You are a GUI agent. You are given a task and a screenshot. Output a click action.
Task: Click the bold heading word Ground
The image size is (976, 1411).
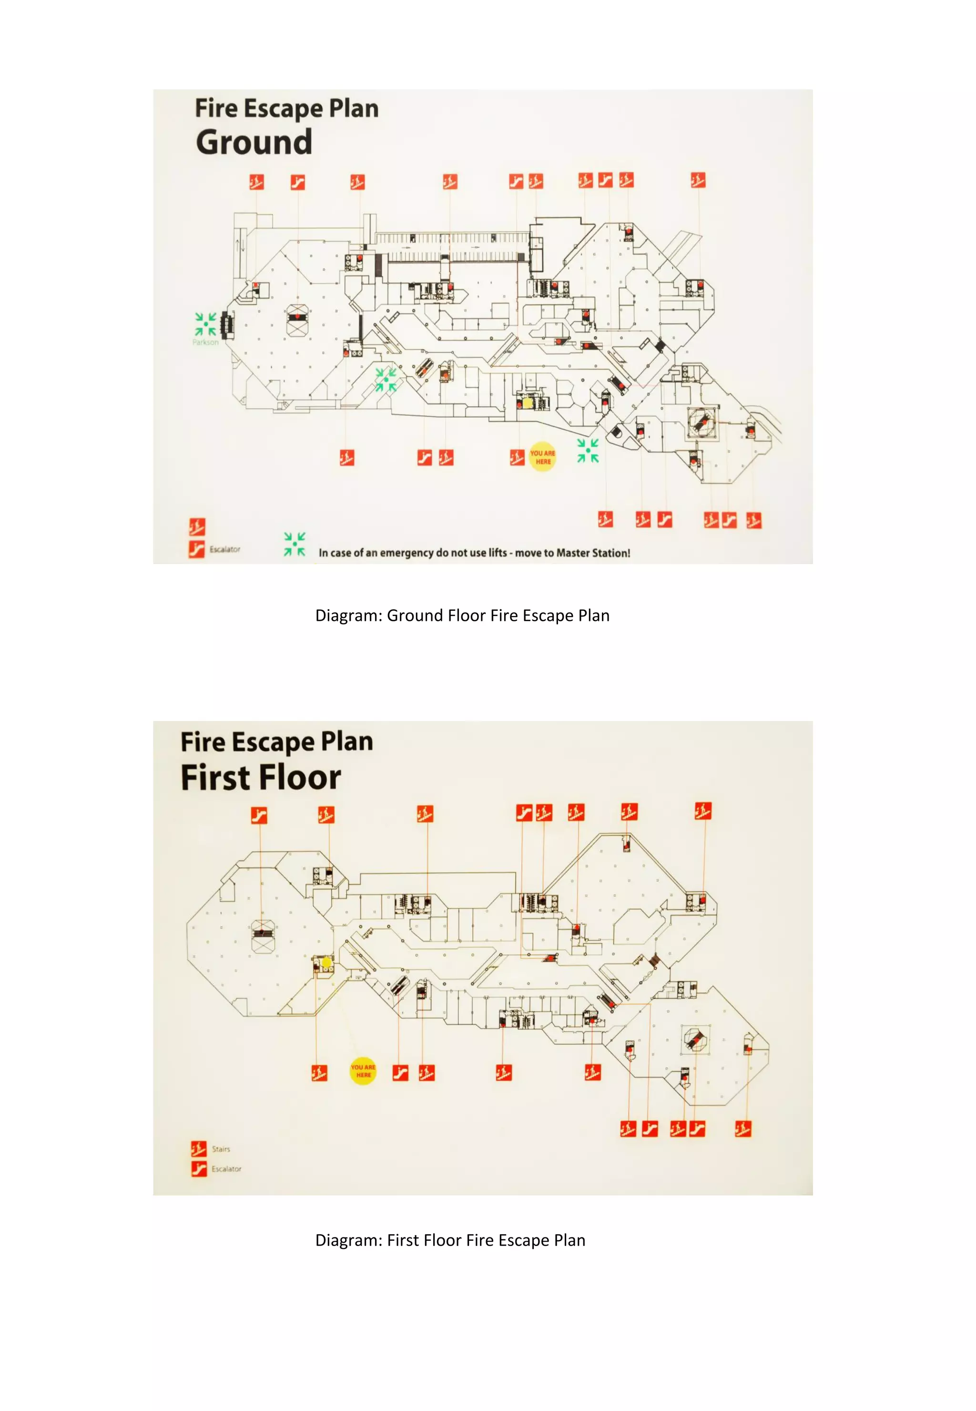tap(254, 142)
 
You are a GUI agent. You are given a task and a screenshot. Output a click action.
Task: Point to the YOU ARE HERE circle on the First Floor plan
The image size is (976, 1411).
tap(363, 1071)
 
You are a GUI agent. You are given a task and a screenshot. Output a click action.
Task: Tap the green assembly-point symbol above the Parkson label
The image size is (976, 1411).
tap(205, 324)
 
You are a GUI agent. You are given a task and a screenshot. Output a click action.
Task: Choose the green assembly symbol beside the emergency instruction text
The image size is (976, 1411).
tap(294, 544)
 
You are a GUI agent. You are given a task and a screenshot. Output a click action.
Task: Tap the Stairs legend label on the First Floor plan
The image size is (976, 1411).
tap(221, 1149)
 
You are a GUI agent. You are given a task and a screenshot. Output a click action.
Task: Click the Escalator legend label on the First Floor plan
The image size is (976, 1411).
tap(226, 1169)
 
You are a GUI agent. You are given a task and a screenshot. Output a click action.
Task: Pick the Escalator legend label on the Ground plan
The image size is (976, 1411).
tap(225, 549)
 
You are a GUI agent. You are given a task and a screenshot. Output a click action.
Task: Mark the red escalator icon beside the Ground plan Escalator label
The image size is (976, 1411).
tap(196, 549)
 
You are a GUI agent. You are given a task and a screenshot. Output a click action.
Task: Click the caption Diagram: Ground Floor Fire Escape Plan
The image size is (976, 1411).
tap(462, 615)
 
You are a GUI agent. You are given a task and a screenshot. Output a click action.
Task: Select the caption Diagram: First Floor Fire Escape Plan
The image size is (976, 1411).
tap(450, 1240)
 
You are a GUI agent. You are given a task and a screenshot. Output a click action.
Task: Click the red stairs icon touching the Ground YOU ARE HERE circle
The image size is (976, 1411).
tap(518, 457)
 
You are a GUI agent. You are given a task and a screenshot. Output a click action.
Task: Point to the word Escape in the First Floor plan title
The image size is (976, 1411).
tap(274, 742)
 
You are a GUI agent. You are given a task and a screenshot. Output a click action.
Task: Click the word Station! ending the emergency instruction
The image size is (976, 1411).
tap(611, 553)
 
